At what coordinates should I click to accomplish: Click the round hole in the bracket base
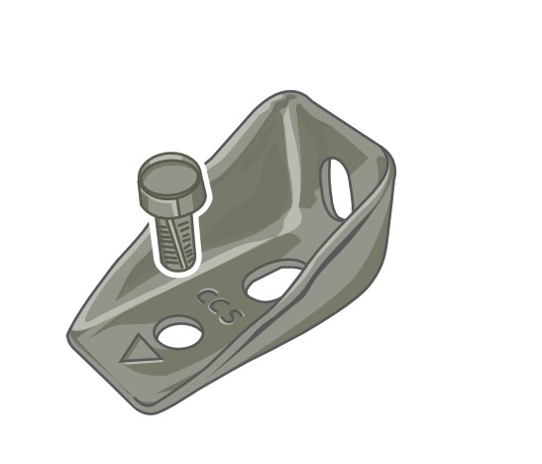178,332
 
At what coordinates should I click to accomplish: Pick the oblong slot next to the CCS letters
273,282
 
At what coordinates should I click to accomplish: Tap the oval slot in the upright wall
337,188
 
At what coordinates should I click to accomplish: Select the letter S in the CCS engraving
231,315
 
